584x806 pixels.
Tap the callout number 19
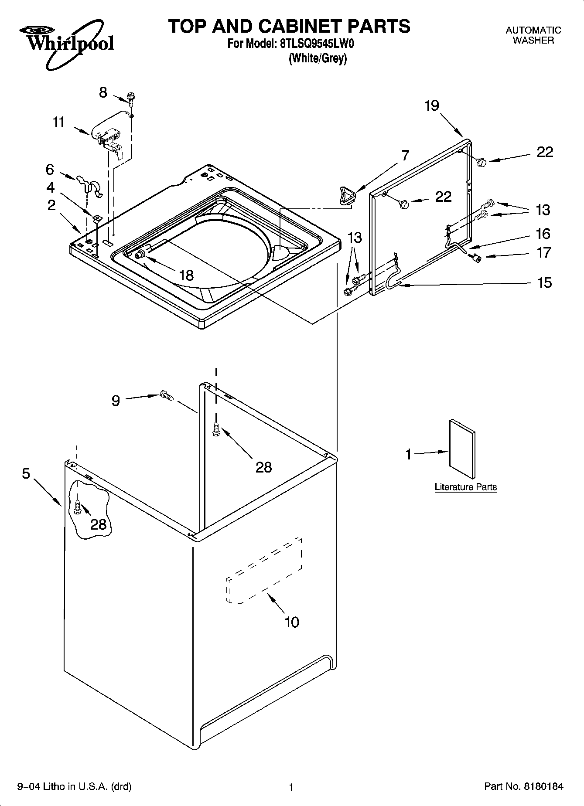pyautogui.click(x=432, y=105)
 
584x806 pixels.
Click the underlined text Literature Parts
pyautogui.click(x=465, y=487)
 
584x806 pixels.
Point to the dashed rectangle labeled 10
pyautogui.click(x=264, y=571)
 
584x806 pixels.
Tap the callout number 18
pyautogui.click(x=186, y=275)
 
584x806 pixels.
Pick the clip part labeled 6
pyautogui.click(x=89, y=184)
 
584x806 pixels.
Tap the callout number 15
pyautogui.click(x=544, y=282)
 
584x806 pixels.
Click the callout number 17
pyautogui.click(x=544, y=252)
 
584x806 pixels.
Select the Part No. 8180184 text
pyautogui.click(x=523, y=786)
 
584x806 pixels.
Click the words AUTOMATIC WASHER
pyautogui.click(x=533, y=35)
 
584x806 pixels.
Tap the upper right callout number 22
pyautogui.click(x=545, y=152)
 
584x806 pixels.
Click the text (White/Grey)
pyautogui.click(x=318, y=58)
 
